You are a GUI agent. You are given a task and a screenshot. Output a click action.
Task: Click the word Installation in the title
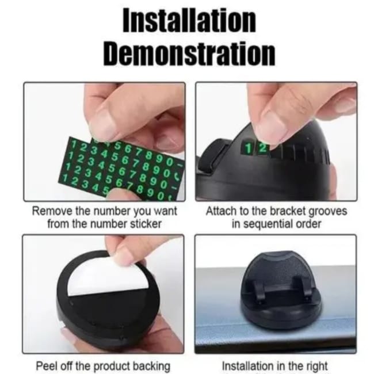click(x=189, y=21)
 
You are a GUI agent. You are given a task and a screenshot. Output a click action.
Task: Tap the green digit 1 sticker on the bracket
click(x=249, y=148)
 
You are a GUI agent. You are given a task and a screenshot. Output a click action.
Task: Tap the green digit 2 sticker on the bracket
click(x=262, y=148)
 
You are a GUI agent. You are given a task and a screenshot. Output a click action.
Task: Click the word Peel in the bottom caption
click(x=46, y=365)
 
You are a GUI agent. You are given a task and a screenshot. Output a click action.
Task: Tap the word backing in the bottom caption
click(x=151, y=366)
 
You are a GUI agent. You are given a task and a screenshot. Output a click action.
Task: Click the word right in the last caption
click(x=315, y=366)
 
